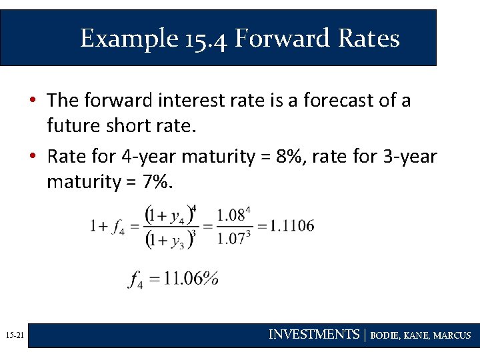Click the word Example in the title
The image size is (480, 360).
126,39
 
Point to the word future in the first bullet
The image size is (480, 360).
74,125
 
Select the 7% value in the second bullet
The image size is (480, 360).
158,181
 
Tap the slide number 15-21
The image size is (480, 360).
13,336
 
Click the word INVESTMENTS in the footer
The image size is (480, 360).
313,335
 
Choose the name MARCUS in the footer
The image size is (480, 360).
452,335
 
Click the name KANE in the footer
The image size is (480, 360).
417,335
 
